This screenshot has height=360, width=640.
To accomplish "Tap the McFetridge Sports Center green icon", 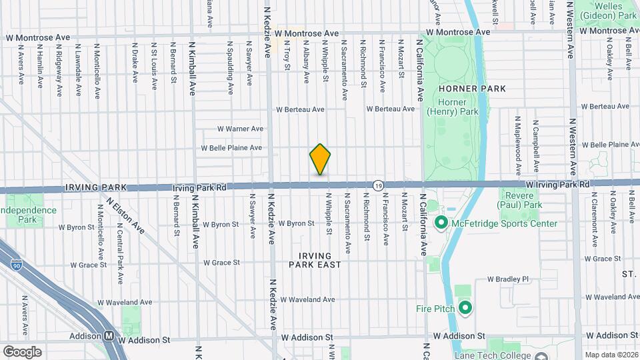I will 441,223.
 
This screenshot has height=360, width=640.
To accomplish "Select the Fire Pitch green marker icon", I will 465,308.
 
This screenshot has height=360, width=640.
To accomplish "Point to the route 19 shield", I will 378,185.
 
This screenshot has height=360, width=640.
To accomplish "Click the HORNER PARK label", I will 472,89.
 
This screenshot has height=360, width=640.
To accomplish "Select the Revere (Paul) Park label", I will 524,200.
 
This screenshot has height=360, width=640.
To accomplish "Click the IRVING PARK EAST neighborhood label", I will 315,260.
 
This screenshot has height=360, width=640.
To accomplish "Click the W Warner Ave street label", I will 241,129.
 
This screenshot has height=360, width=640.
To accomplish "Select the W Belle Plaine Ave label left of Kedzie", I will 232,147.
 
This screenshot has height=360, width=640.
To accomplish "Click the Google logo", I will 22,351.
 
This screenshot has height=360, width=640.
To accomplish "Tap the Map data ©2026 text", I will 611,355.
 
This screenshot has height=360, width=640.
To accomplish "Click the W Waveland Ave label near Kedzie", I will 307,300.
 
